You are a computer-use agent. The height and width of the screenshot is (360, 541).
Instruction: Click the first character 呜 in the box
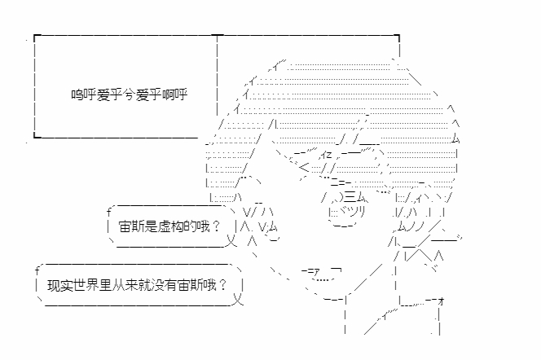(76, 94)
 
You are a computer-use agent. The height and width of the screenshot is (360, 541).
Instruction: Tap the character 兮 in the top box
(134, 94)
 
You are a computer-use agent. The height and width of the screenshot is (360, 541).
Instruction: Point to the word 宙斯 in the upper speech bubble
(131, 225)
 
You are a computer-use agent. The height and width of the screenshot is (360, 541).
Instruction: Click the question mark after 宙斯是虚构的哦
(214, 225)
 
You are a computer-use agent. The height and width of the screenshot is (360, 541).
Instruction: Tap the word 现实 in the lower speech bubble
(59, 287)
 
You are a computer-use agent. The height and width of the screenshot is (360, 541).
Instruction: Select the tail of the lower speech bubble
(238, 302)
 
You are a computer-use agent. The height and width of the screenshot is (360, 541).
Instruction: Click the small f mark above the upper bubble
(108, 211)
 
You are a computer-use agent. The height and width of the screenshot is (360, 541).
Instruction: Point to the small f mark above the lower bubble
(37, 270)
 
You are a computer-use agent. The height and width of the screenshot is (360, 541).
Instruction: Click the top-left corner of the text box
(36, 37)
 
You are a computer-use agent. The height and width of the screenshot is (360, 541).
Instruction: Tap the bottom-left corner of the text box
(36, 137)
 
